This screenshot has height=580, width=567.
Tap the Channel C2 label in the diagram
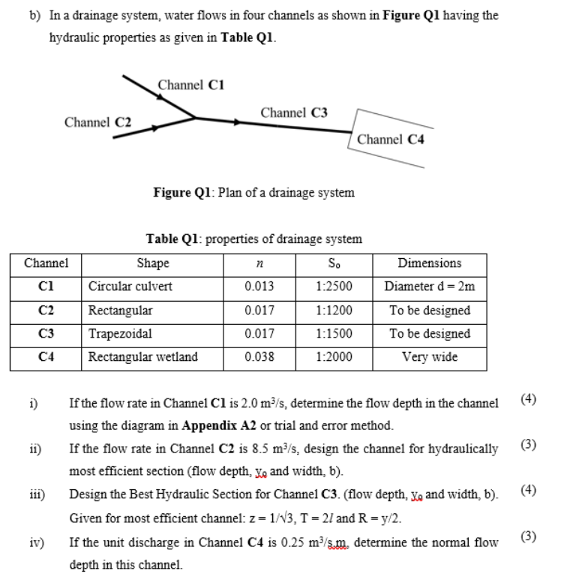point(98,122)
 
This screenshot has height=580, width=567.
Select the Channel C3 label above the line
point(294,113)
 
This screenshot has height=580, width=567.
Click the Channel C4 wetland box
point(391,139)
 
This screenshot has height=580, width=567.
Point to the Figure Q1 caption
point(253,193)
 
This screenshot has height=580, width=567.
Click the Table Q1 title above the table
point(253,239)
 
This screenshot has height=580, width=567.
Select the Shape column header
point(152,263)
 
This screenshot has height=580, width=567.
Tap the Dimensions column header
point(430,263)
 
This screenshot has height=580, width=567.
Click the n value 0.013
point(259,287)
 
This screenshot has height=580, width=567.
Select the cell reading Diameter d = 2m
point(430,287)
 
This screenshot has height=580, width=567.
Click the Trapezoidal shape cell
point(120,334)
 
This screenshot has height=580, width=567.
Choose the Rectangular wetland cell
point(143,357)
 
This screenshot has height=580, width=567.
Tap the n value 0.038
point(259,357)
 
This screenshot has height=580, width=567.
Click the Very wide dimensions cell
point(430,357)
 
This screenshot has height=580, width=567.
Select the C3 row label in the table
point(46,334)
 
